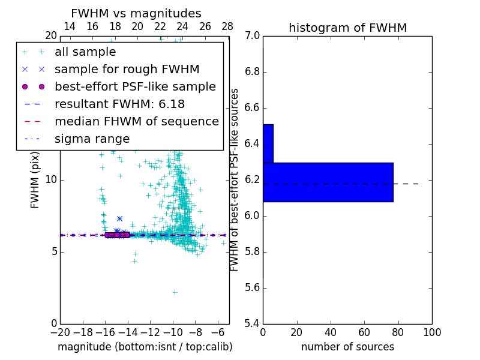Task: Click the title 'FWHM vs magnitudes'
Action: click(x=136, y=14)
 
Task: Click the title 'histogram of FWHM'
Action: click(x=347, y=28)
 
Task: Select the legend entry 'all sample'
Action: click(x=85, y=52)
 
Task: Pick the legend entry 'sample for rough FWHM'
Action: click(x=127, y=69)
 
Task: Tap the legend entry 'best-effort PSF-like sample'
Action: click(x=135, y=86)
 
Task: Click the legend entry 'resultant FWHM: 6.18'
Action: click(x=119, y=104)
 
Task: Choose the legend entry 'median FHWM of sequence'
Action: click(x=136, y=121)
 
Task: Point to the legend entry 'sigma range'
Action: click(x=92, y=139)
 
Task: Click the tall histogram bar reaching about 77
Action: click(x=328, y=182)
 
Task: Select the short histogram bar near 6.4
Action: click(x=268, y=143)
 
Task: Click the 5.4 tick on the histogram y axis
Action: click(x=251, y=323)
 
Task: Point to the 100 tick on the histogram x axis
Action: click(x=431, y=332)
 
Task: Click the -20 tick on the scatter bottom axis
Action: click(x=60, y=332)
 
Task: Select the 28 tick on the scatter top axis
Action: click(x=227, y=26)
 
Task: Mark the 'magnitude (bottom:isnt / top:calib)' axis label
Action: click(x=145, y=347)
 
